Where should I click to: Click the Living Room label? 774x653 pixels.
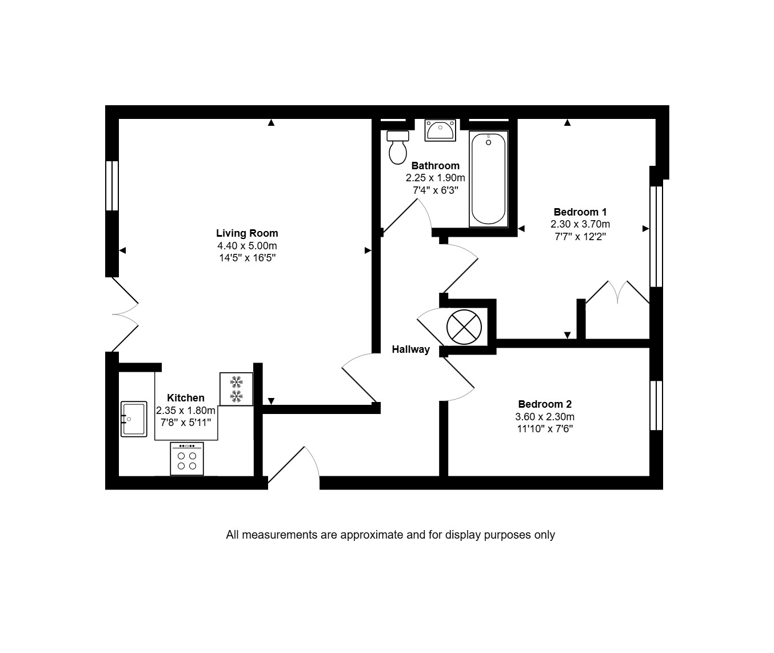coord(247,233)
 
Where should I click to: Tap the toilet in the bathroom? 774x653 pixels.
coord(398,147)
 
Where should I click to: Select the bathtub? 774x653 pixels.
coord(488,179)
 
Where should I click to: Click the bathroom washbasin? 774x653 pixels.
coord(440,130)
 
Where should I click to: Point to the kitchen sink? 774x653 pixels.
coord(134,419)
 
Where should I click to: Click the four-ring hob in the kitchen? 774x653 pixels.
coord(187,459)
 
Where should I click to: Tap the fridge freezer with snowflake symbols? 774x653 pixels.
coord(236,389)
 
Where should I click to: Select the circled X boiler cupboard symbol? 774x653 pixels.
coord(464,328)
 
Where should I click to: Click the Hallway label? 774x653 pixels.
coord(411,349)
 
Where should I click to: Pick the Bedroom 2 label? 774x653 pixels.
coord(545,404)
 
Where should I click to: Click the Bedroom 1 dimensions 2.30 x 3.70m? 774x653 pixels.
coord(580,224)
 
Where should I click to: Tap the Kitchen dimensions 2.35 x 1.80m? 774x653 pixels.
coord(185,410)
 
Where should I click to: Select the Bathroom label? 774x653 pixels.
coord(435,165)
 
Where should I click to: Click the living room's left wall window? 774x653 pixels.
coord(112,186)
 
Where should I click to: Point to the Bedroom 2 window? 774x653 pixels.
coord(656,405)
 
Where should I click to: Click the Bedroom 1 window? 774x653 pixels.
coord(656,237)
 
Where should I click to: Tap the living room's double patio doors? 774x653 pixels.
coord(125,314)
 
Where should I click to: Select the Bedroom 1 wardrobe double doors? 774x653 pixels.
coord(617,292)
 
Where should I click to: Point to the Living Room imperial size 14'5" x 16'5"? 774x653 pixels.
coord(248,258)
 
